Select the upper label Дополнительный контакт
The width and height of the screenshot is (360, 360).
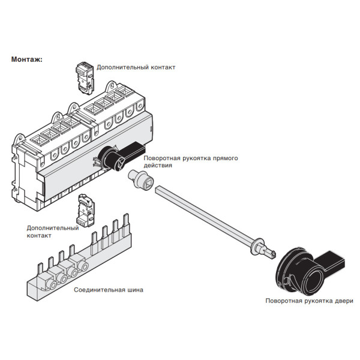pos(136,68)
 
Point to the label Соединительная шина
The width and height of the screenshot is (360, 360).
pos(109,290)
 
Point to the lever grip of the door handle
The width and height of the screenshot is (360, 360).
pos(332,263)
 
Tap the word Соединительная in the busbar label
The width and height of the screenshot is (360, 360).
pos(98,290)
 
